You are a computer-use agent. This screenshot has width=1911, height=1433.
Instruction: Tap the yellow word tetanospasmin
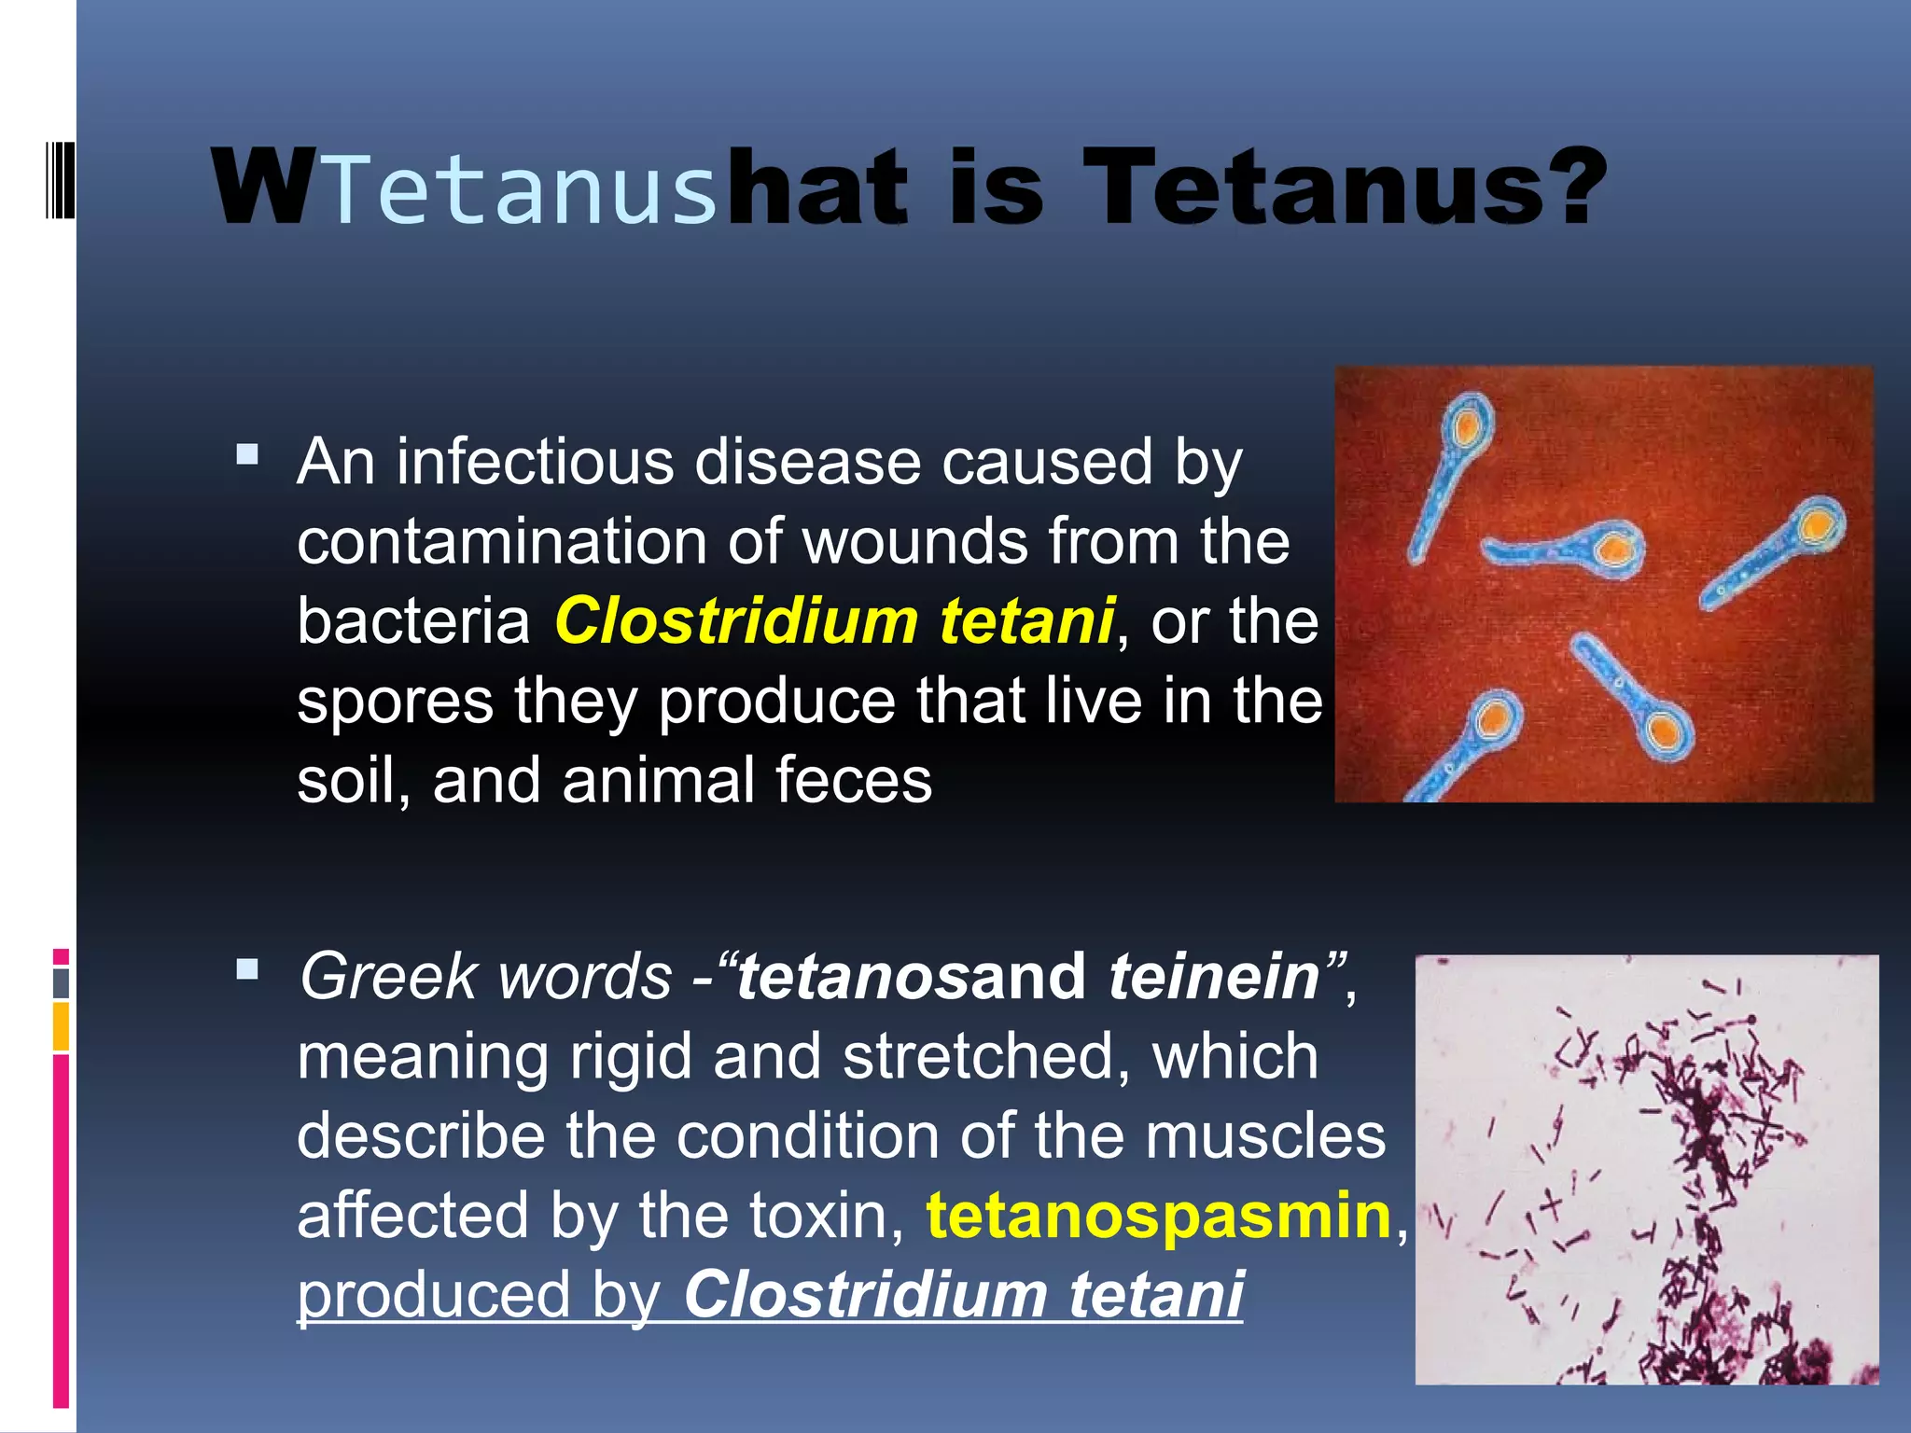1158,1216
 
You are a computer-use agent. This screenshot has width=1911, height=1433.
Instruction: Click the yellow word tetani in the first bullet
1026,621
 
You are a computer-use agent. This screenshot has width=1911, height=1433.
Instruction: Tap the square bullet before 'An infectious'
247,455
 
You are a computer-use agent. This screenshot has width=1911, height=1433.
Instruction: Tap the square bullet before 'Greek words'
247,970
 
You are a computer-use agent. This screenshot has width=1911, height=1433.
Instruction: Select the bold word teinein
1214,977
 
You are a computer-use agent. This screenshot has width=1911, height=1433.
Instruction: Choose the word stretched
979,1057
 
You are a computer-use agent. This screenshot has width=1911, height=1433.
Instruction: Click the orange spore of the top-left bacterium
1466,428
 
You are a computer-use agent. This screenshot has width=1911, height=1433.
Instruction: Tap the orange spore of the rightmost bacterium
1818,527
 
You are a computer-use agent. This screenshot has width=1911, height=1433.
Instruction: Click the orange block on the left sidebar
61,1027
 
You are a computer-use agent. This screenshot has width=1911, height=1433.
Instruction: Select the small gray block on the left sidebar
61,982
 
